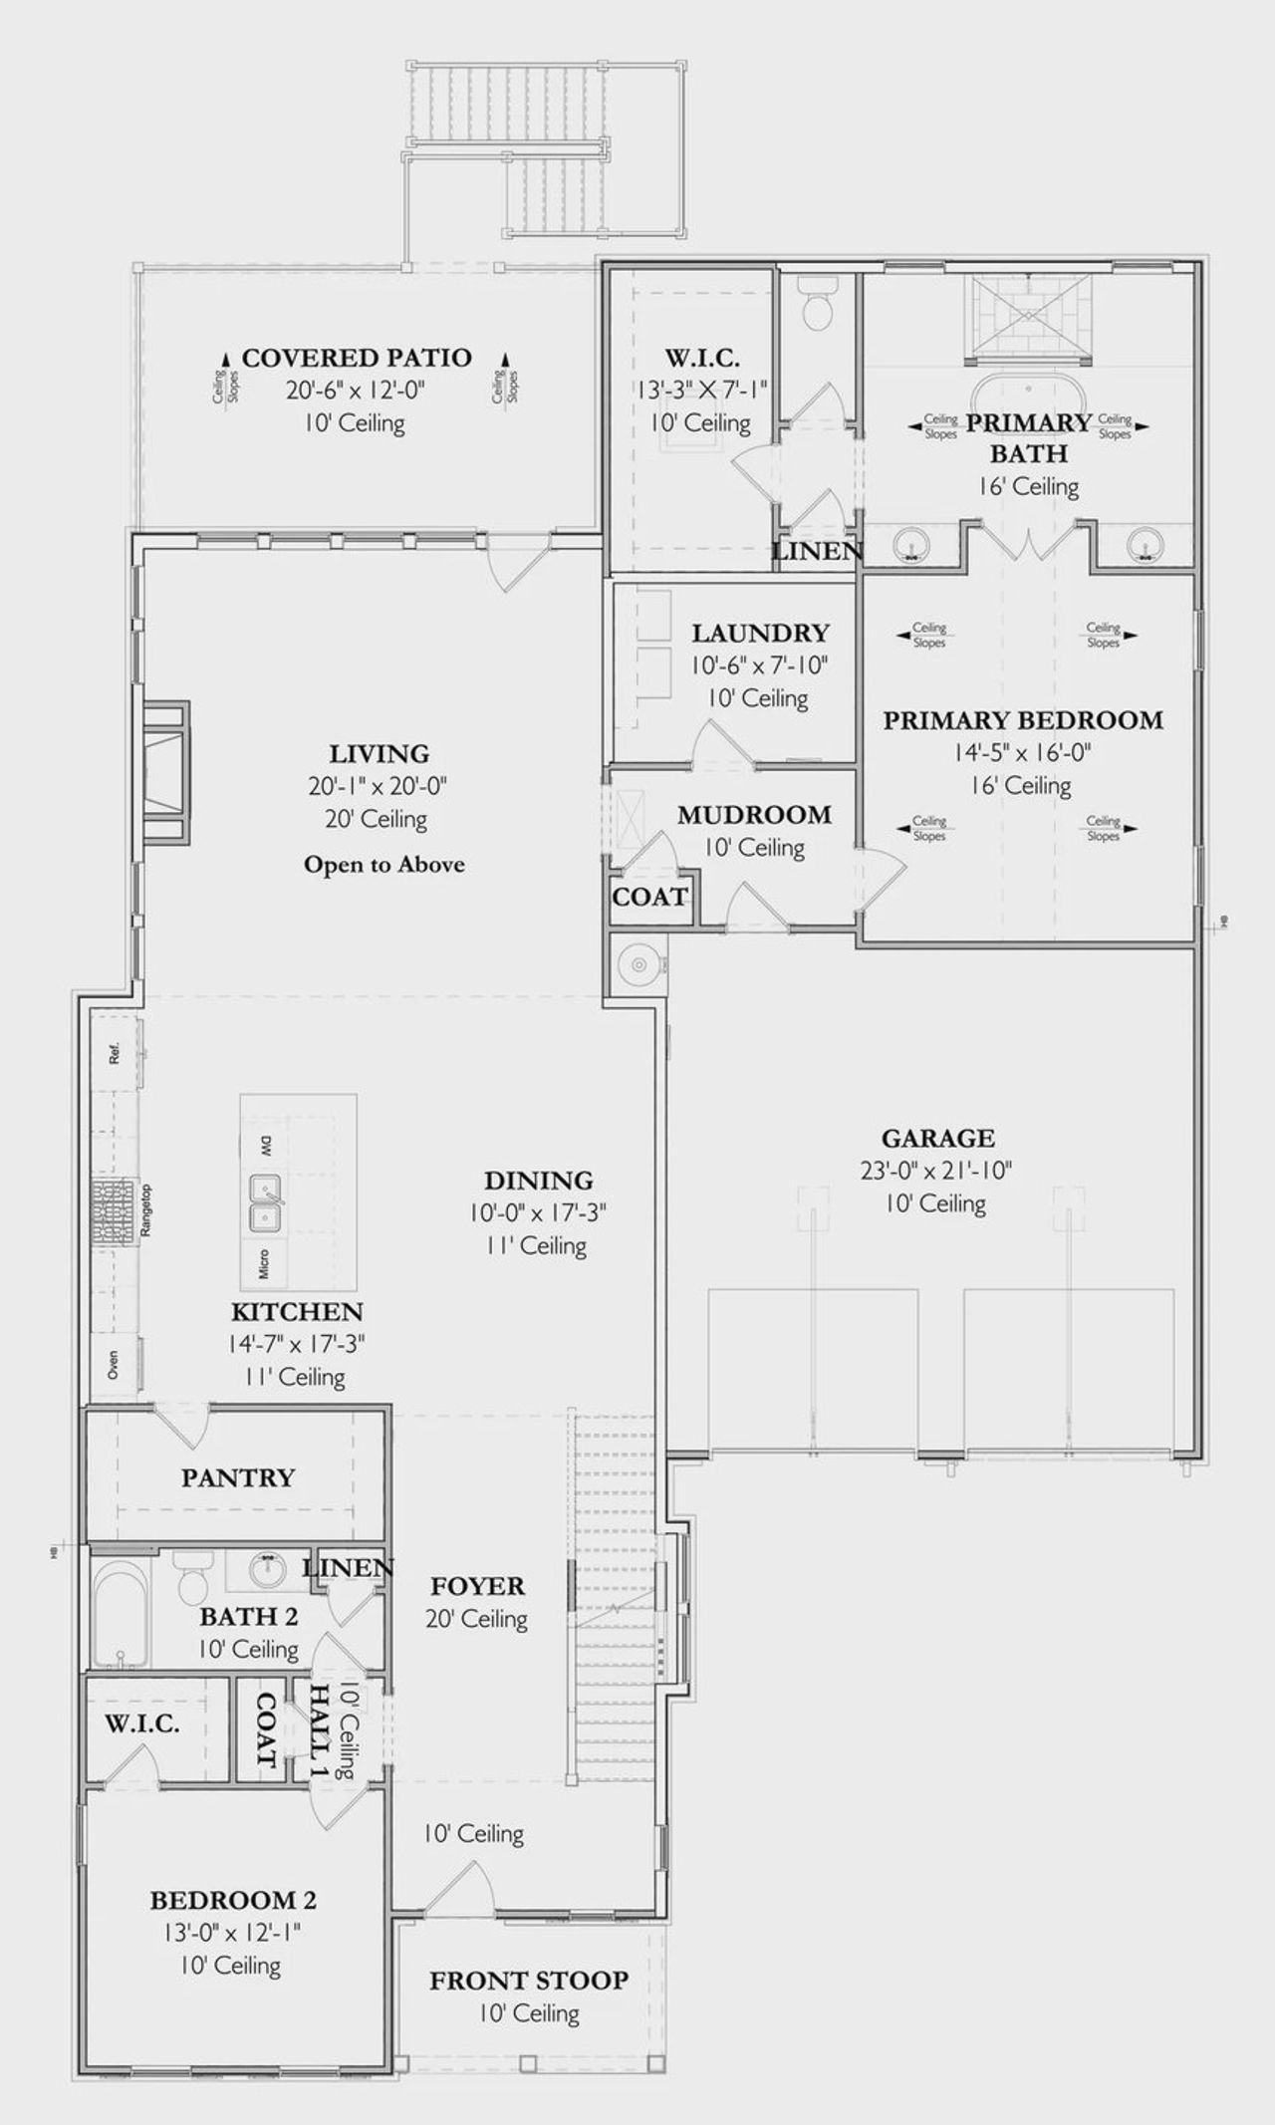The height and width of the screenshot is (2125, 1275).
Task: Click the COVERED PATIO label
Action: point(357,358)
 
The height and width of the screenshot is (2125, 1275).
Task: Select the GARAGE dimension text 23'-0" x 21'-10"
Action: point(936,1171)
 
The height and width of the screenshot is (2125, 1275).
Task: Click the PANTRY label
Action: point(238,1476)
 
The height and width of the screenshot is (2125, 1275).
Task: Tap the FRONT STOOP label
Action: point(529,1980)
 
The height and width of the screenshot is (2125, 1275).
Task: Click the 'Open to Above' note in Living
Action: point(384,864)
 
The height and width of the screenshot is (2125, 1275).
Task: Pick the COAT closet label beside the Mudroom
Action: point(649,897)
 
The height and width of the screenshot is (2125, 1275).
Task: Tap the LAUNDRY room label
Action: point(760,633)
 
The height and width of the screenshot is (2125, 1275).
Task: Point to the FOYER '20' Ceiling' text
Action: point(476,1619)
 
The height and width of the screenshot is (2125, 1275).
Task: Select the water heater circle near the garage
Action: point(635,963)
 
